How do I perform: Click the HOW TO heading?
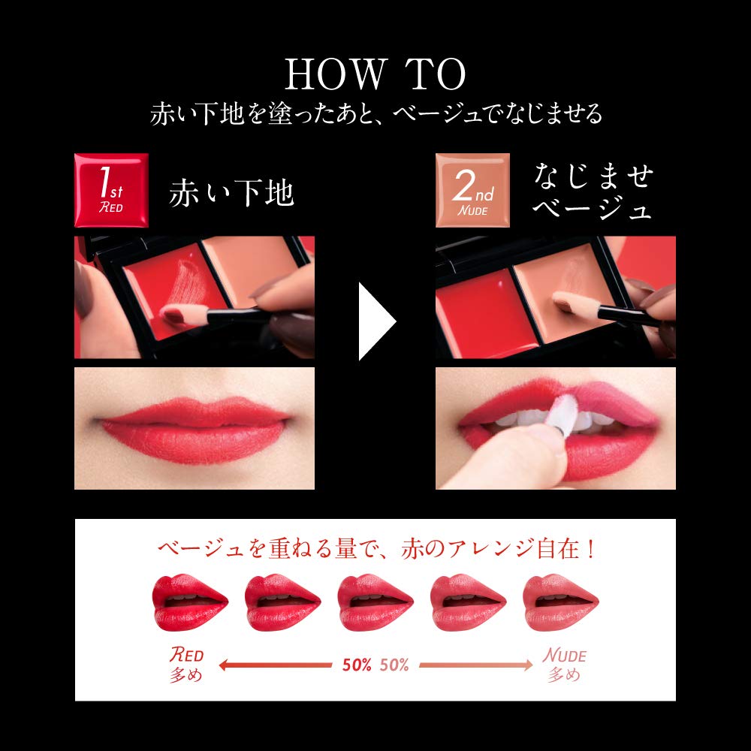coord(375,75)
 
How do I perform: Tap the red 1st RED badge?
coord(110,190)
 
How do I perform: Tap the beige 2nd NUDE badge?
coord(473,190)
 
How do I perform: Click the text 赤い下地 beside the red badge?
coord(231,194)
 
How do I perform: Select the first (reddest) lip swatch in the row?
coord(190,603)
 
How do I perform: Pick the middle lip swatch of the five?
coord(375,603)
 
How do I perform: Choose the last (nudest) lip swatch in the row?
coord(560,603)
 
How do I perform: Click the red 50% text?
coord(356,665)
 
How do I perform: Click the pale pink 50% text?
coord(394,665)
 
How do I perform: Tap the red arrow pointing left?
coord(274,665)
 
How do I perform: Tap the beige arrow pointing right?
coord(475,665)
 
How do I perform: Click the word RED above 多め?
coord(185,654)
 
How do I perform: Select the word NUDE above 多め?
coord(564,655)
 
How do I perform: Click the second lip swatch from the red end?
coord(282,603)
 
